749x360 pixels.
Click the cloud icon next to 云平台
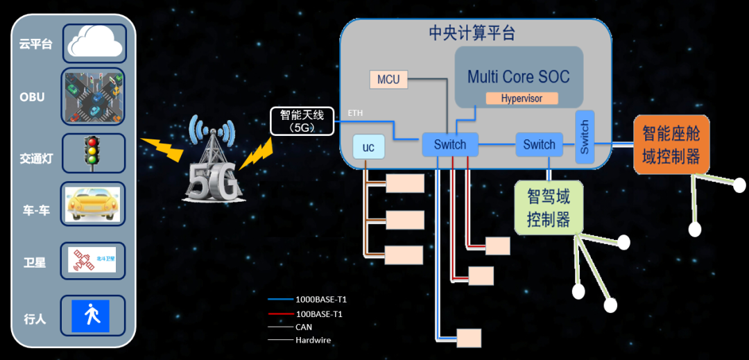click(x=94, y=43)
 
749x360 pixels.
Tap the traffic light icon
click(x=91, y=152)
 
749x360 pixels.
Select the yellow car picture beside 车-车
click(x=92, y=204)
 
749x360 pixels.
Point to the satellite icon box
click(x=92, y=261)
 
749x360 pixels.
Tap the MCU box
click(x=388, y=79)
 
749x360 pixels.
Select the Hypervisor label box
click(x=522, y=98)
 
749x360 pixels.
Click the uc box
click(x=368, y=147)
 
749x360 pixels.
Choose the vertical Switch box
click(x=585, y=137)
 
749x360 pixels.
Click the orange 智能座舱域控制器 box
click(x=671, y=144)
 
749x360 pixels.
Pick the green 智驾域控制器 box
click(x=549, y=207)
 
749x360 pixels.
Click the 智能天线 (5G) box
click(x=301, y=121)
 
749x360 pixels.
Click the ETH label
click(x=355, y=113)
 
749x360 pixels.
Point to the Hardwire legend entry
click(x=313, y=340)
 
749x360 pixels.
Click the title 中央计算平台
click(x=472, y=33)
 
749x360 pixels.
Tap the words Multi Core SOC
click(x=518, y=76)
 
